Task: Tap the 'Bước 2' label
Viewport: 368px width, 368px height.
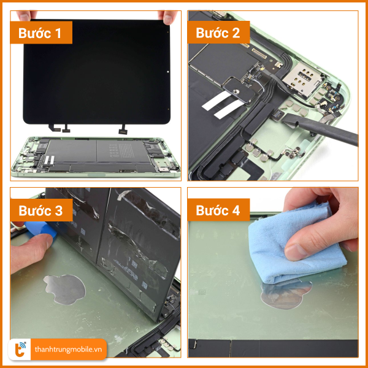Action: [x=218, y=33]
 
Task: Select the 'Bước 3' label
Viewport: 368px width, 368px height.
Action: [x=41, y=210]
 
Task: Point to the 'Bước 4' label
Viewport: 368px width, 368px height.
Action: [x=218, y=210]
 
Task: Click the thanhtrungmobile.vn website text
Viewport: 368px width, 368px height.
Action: [x=68, y=350]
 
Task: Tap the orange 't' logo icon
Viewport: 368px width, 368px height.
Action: [x=20, y=350]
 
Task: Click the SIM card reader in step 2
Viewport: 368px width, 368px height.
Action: [x=302, y=80]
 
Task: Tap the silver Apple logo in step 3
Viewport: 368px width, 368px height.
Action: [x=64, y=289]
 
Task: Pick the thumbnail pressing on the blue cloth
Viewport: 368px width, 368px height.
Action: [x=295, y=252]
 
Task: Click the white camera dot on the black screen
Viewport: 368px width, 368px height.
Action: [x=168, y=72]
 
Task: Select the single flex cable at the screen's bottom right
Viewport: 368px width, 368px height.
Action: [x=123, y=129]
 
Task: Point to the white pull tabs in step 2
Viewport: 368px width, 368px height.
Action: [x=223, y=104]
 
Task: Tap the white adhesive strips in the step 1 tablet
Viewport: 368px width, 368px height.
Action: [x=49, y=160]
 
